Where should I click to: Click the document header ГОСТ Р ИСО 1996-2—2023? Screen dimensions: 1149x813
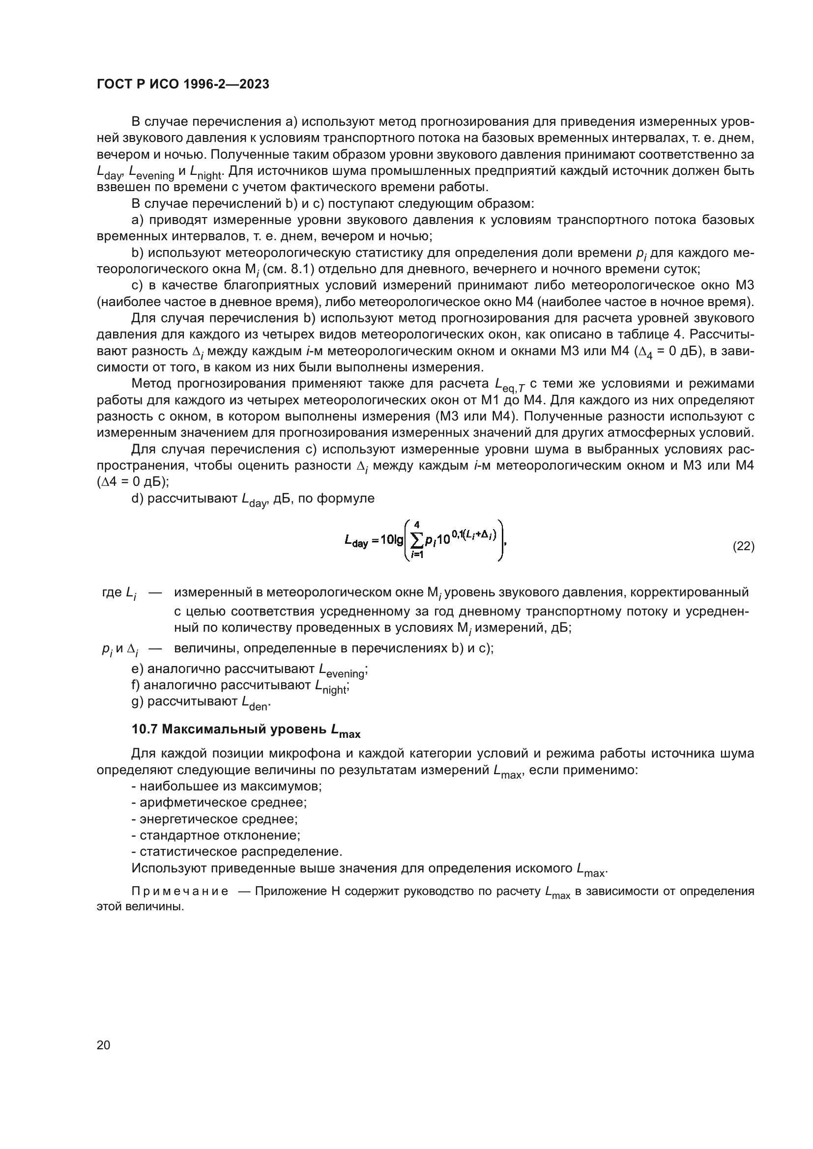point(183,84)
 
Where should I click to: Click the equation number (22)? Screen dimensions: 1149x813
point(743,546)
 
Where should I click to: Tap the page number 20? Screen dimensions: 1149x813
point(103,1045)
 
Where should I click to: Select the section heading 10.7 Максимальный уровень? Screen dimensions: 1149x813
point(245,730)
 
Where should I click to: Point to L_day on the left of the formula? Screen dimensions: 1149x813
point(356,541)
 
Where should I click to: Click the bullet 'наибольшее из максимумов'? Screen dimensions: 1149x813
point(226,786)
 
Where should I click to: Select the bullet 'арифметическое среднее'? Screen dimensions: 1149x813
point(219,803)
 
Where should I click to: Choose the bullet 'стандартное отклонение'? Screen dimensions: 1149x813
point(216,835)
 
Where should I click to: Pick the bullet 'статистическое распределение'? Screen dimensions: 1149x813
point(237,852)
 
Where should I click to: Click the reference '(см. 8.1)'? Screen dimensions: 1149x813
point(288,269)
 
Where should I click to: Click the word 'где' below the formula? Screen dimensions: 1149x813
point(112,593)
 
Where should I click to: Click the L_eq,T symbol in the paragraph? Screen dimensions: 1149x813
point(509,384)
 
